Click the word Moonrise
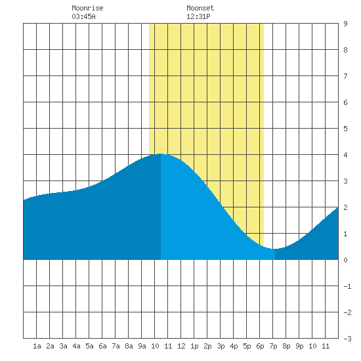pyautogui.click(x=87, y=8)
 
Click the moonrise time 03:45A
pyautogui.click(x=83, y=16)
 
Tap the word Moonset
pyautogui.click(x=200, y=8)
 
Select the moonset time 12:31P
pyautogui.click(x=198, y=16)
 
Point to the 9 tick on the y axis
pyautogui.click(x=345, y=24)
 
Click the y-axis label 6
pyautogui.click(x=345, y=102)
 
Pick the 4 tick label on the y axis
pyautogui.click(x=345, y=155)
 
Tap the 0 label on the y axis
pyautogui.click(x=345, y=260)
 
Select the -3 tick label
pyautogui.click(x=347, y=339)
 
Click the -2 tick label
pyautogui.click(x=347, y=312)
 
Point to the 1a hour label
pyautogui.click(x=37, y=346)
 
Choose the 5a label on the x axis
pyautogui.click(x=89, y=346)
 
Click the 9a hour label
pyautogui.click(x=142, y=346)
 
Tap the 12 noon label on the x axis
pyautogui.click(x=181, y=346)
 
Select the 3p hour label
pyautogui.click(x=221, y=346)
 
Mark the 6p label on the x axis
pyautogui.click(x=260, y=346)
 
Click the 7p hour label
pyautogui.click(x=273, y=346)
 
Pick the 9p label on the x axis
pyautogui.click(x=299, y=346)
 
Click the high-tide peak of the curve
pyautogui.click(x=160, y=154)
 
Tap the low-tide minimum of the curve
pyautogui.click(x=274, y=249)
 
